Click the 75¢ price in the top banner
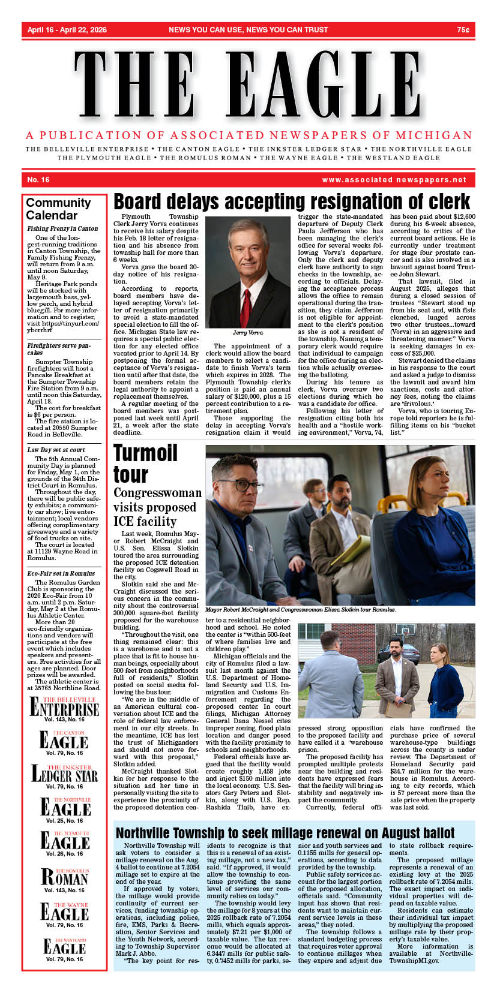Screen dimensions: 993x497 463,30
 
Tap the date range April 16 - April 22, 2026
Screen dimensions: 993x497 67,30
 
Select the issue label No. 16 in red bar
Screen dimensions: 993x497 38,180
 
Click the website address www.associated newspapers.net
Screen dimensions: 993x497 394,180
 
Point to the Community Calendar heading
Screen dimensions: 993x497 58,209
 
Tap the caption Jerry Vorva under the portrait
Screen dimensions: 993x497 247,332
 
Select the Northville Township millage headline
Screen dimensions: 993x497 285,833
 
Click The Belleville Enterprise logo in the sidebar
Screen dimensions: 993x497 64,708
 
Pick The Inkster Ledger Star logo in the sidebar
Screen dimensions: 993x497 64,774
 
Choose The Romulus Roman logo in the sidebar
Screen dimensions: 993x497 64,877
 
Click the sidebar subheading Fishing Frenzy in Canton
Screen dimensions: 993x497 62,228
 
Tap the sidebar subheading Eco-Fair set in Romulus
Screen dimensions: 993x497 61,573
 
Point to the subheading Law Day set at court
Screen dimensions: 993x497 56,449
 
